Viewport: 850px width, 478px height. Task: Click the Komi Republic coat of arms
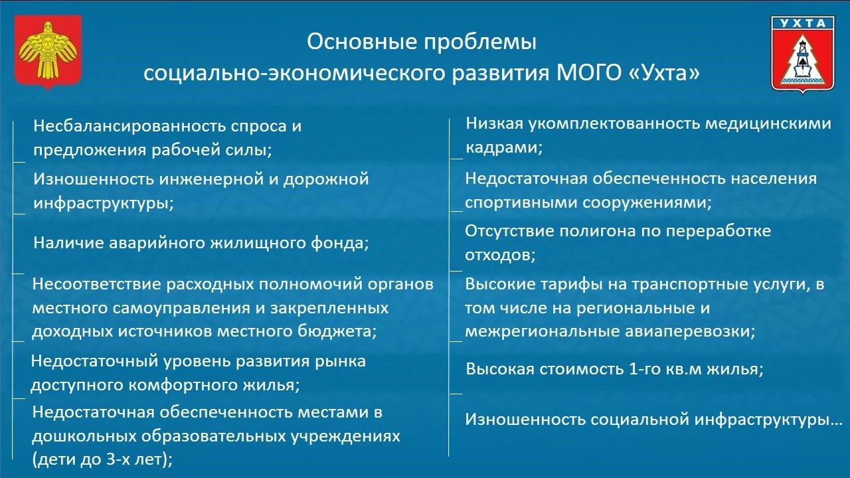click(48, 52)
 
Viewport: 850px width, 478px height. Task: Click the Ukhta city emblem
click(803, 54)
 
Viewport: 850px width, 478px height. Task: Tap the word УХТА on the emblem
click(803, 23)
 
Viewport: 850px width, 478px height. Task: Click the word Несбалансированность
click(129, 126)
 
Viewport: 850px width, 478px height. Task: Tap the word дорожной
click(326, 179)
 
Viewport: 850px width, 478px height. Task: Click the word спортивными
click(521, 202)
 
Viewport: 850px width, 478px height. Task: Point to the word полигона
click(598, 231)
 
